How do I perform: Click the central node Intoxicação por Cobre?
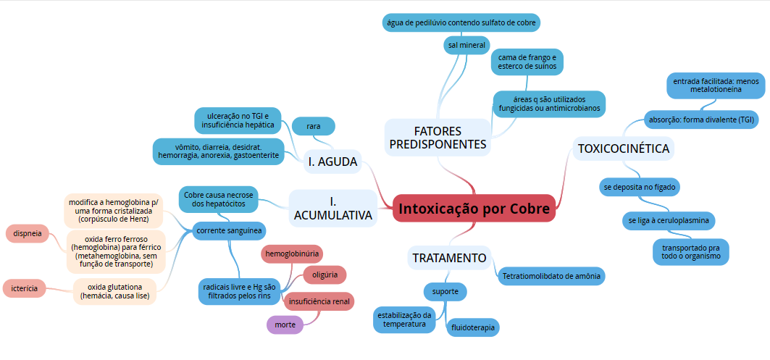474,208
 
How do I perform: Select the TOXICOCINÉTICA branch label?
623,148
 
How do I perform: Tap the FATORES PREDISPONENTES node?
438,138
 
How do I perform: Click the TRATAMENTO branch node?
449,258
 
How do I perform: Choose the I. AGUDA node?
333,162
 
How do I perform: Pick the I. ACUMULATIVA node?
333,208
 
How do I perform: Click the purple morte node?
285,325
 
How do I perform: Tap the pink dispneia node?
28,233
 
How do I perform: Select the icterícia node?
25,288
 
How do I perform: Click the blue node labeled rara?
314,126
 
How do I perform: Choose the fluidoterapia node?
473,328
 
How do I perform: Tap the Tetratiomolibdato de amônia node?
552,276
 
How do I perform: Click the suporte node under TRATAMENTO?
445,292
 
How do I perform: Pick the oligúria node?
325,275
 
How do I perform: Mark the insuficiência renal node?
320,301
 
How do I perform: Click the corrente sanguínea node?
228,231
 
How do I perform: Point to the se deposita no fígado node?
640,187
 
